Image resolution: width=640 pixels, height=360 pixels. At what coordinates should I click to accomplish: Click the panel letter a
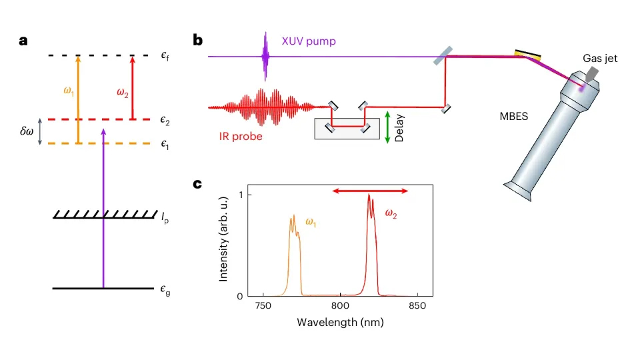(x=23, y=40)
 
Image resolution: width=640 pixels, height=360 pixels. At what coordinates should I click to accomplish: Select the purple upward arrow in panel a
(x=103, y=207)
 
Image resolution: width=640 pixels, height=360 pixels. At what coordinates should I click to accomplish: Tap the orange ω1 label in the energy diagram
(x=69, y=91)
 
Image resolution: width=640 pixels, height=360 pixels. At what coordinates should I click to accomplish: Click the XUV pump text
(x=306, y=41)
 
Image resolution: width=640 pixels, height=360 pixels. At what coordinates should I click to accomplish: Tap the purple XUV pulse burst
(x=266, y=57)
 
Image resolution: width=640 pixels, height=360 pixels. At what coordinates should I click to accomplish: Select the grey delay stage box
(x=347, y=129)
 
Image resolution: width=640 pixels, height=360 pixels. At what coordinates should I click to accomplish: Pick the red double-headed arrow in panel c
(x=370, y=191)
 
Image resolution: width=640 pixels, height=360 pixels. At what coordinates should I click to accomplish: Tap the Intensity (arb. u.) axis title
(x=227, y=244)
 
